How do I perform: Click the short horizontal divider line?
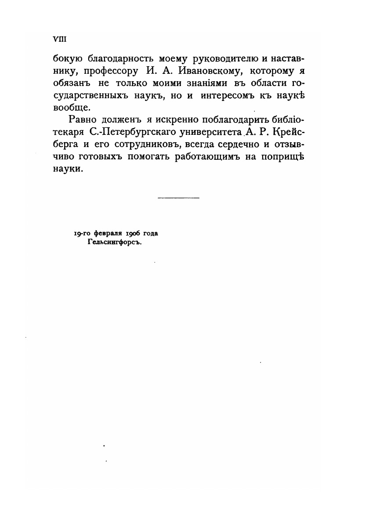[x=178, y=198]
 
